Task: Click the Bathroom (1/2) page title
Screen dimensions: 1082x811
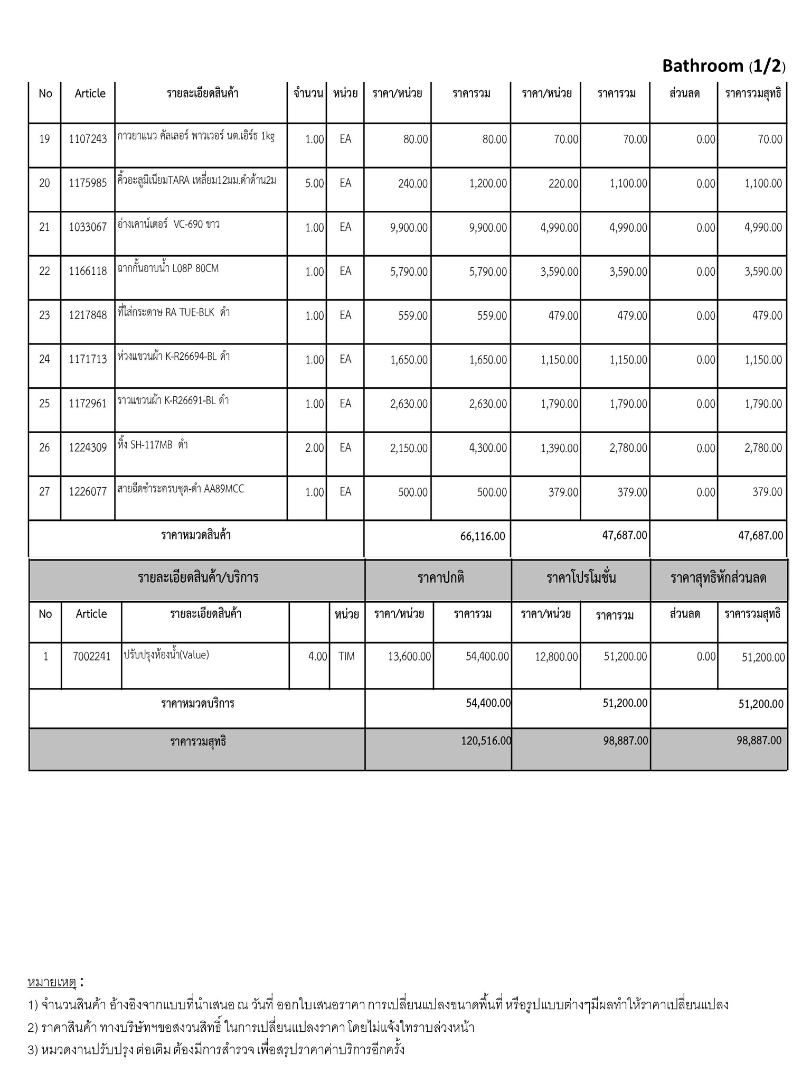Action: [723, 66]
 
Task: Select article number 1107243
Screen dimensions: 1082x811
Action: [88, 139]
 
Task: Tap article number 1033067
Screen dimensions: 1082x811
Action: [88, 227]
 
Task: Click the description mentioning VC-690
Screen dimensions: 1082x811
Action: [168, 225]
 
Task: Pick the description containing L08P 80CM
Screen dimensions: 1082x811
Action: [168, 268]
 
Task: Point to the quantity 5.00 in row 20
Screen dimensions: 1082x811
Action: [314, 183]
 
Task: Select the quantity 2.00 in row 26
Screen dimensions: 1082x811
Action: [314, 448]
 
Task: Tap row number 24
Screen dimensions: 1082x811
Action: [44, 359]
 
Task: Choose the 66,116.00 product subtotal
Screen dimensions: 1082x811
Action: [483, 536]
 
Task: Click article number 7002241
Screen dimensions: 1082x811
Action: [91, 656]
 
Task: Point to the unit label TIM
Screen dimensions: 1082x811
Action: [346, 656]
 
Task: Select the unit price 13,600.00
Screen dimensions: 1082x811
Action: [409, 656]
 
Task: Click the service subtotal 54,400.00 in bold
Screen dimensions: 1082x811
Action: [488, 703]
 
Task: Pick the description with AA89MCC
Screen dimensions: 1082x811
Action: [181, 489]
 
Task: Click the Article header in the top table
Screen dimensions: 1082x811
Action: [90, 94]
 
